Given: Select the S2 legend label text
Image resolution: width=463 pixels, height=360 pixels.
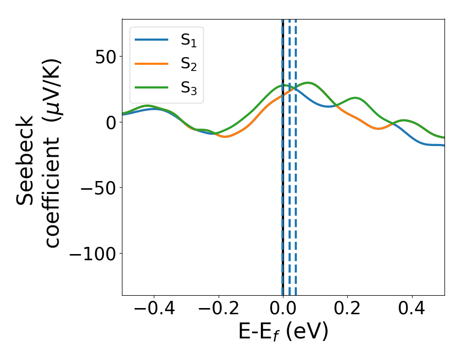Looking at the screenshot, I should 188,64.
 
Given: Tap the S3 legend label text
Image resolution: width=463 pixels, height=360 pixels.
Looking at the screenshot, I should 188,88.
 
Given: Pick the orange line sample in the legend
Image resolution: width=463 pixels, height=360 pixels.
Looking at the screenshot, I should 152,64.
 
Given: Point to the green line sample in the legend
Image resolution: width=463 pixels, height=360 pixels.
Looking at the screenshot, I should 152,87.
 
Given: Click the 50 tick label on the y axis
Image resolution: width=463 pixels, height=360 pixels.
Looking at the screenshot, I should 105,57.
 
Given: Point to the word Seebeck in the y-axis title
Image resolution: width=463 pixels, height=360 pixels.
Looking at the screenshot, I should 26,160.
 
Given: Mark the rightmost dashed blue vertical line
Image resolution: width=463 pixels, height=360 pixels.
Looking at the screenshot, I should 296,154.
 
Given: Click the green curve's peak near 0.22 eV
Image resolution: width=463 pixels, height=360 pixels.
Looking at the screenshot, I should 355,98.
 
